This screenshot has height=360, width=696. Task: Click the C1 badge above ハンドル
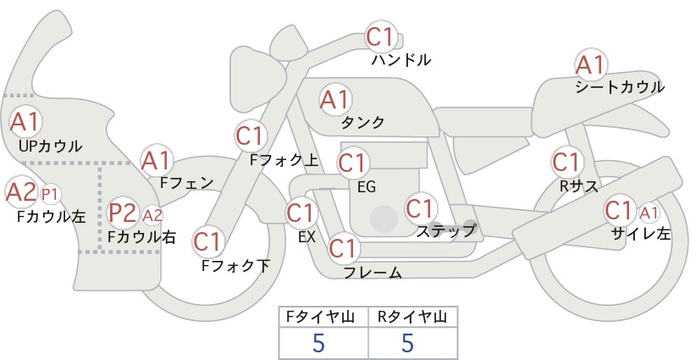click(381, 36)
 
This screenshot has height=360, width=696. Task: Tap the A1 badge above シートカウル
click(591, 65)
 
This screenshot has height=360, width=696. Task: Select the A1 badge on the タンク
click(335, 100)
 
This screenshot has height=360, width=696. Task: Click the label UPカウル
click(51, 146)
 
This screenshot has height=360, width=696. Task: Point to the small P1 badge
click(50, 195)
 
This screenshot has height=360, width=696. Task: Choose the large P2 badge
click(123, 213)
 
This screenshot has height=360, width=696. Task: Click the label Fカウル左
click(51, 216)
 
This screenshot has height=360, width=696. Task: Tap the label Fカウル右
click(142, 236)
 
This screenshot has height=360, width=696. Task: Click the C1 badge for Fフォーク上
click(251, 136)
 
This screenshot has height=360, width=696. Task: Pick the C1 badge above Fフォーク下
click(207, 242)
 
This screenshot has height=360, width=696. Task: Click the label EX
click(307, 237)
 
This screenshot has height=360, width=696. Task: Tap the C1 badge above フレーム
click(344, 248)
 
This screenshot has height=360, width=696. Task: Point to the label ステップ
click(445, 231)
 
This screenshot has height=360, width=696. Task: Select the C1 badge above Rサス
click(566, 163)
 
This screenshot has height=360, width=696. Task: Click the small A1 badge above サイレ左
click(649, 213)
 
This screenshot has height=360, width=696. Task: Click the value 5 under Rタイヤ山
click(407, 343)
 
